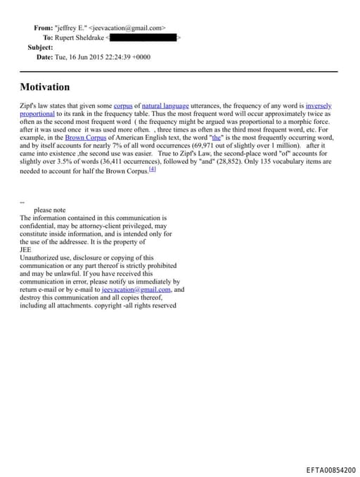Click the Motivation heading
pyautogui.click(x=44, y=87)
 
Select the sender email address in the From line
pyautogui.click(x=126, y=27)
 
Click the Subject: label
pyautogui.click(x=40, y=46)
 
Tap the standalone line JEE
pyautogui.click(x=26, y=249)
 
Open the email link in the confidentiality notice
pyautogui.click(x=132, y=288)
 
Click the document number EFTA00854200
pyautogui.click(x=330, y=469)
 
